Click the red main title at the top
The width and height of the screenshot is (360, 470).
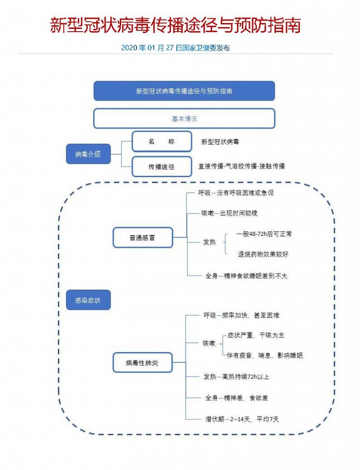(175, 26)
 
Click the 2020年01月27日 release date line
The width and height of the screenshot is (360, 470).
(175, 48)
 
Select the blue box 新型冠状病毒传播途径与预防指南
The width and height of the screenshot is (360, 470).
(184, 91)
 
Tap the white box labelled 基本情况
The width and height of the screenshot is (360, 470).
(184, 118)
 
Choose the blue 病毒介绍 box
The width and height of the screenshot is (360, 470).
(88, 154)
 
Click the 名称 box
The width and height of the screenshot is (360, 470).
(162, 142)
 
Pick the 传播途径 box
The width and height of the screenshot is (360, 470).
(162, 167)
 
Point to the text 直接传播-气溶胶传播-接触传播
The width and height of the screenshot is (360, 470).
(241, 166)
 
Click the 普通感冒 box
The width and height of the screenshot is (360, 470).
(142, 238)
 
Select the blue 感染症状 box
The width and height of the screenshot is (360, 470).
(88, 300)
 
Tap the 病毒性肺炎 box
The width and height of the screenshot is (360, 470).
(142, 363)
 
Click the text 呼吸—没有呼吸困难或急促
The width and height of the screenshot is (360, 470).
(236, 193)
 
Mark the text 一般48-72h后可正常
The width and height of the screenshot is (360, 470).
(264, 234)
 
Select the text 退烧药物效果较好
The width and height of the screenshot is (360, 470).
(263, 254)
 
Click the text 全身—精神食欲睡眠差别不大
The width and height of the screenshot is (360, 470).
(246, 276)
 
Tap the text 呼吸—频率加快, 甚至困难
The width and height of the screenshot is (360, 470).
(242, 315)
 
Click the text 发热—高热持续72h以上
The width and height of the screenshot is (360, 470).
(236, 377)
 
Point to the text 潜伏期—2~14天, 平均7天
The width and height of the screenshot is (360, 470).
(242, 419)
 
